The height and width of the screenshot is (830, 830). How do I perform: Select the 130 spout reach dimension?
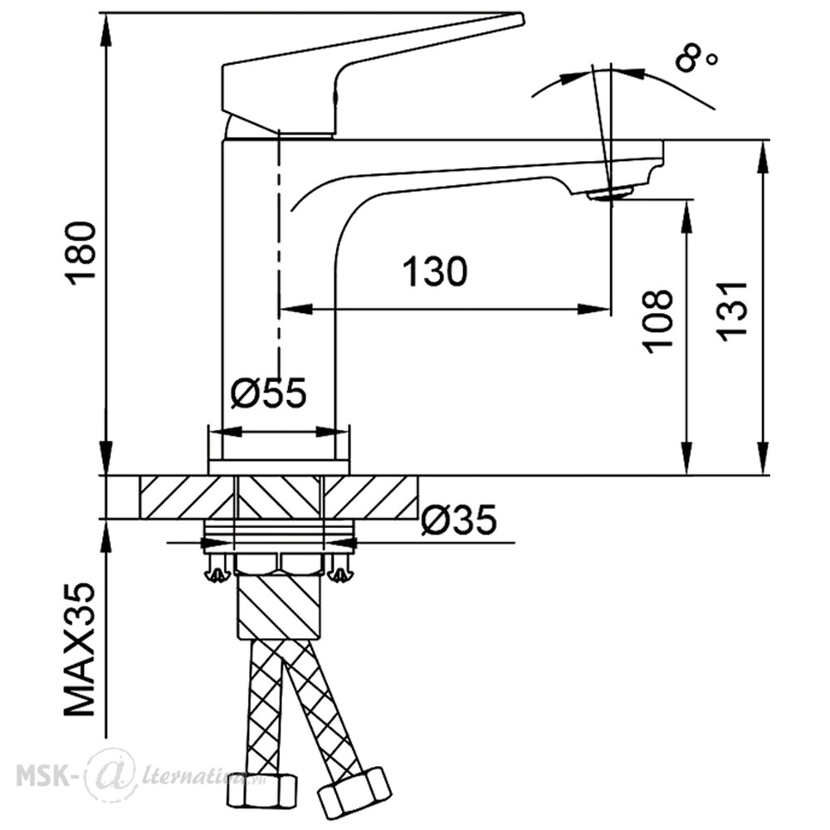pyautogui.click(x=435, y=272)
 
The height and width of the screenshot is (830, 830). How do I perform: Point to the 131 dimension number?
pyautogui.click(x=731, y=311)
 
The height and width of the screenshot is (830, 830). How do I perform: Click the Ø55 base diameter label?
pyautogui.click(x=268, y=393)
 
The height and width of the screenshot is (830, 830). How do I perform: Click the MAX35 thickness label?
pyautogui.click(x=81, y=650)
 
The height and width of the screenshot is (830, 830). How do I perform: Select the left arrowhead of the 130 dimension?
pyautogui.click(x=295, y=309)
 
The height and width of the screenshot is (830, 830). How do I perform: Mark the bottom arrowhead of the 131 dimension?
pyautogui.click(x=764, y=458)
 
